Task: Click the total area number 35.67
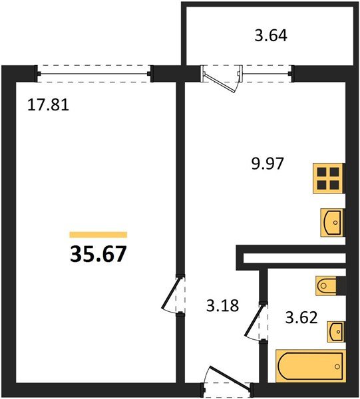pos(98,253)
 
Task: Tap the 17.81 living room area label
pos(49,104)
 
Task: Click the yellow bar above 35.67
pos(98,235)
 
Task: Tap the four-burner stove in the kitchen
pos(329,178)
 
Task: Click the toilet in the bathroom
pos(330,286)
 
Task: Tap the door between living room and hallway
pos(172,295)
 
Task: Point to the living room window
pos(94,72)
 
